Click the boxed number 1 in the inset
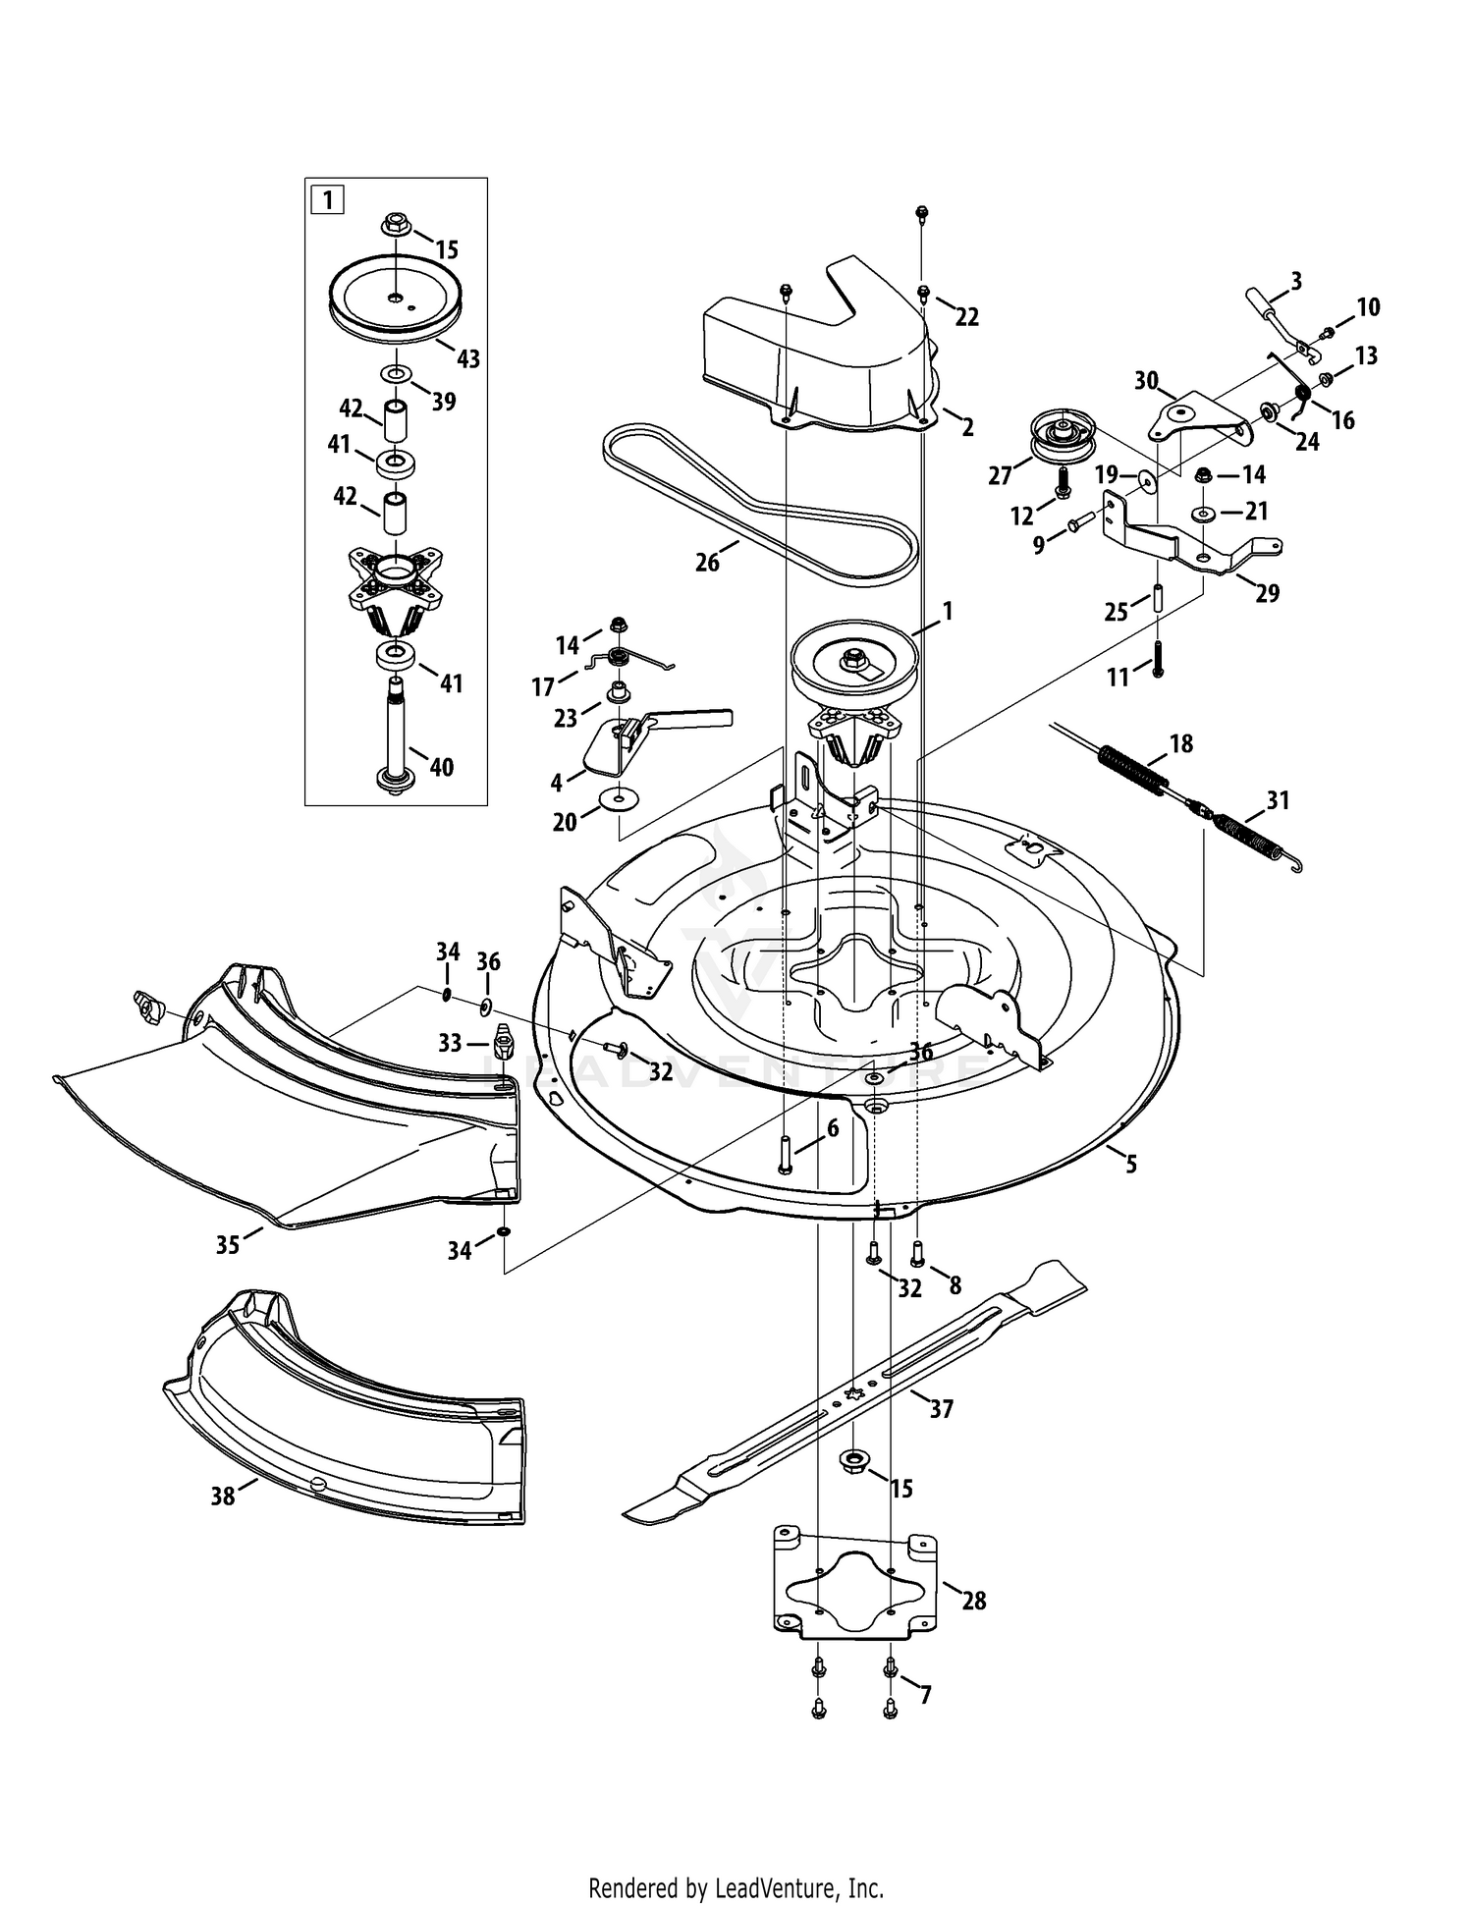[327, 200]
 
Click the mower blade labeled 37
[854, 1392]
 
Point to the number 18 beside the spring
[1181, 743]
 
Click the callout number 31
[1278, 800]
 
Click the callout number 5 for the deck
[1131, 1165]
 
